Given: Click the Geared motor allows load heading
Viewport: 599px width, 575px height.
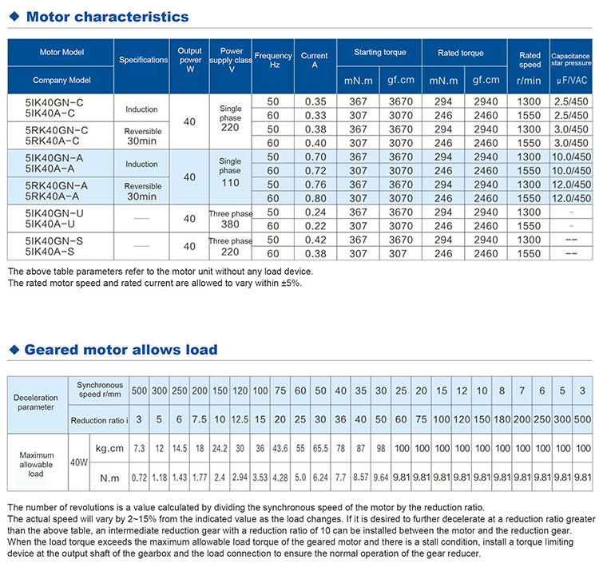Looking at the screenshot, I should click(x=120, y=350).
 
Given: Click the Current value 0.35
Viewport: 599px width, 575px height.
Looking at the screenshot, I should click(x=315, y=101).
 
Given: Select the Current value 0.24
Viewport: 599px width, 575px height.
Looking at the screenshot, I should click(x=315, y=213).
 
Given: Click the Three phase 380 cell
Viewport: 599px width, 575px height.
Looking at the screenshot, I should click(x=230, y=220).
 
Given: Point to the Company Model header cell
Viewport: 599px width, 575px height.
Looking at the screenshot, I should click(x=61, y=80).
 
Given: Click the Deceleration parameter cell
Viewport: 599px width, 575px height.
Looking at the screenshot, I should click(x=37, y=402).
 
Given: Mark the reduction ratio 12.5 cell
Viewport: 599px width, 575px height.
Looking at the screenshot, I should click(x=239, y=419).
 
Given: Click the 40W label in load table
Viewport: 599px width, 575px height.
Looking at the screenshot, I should click(x=77, y=461).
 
